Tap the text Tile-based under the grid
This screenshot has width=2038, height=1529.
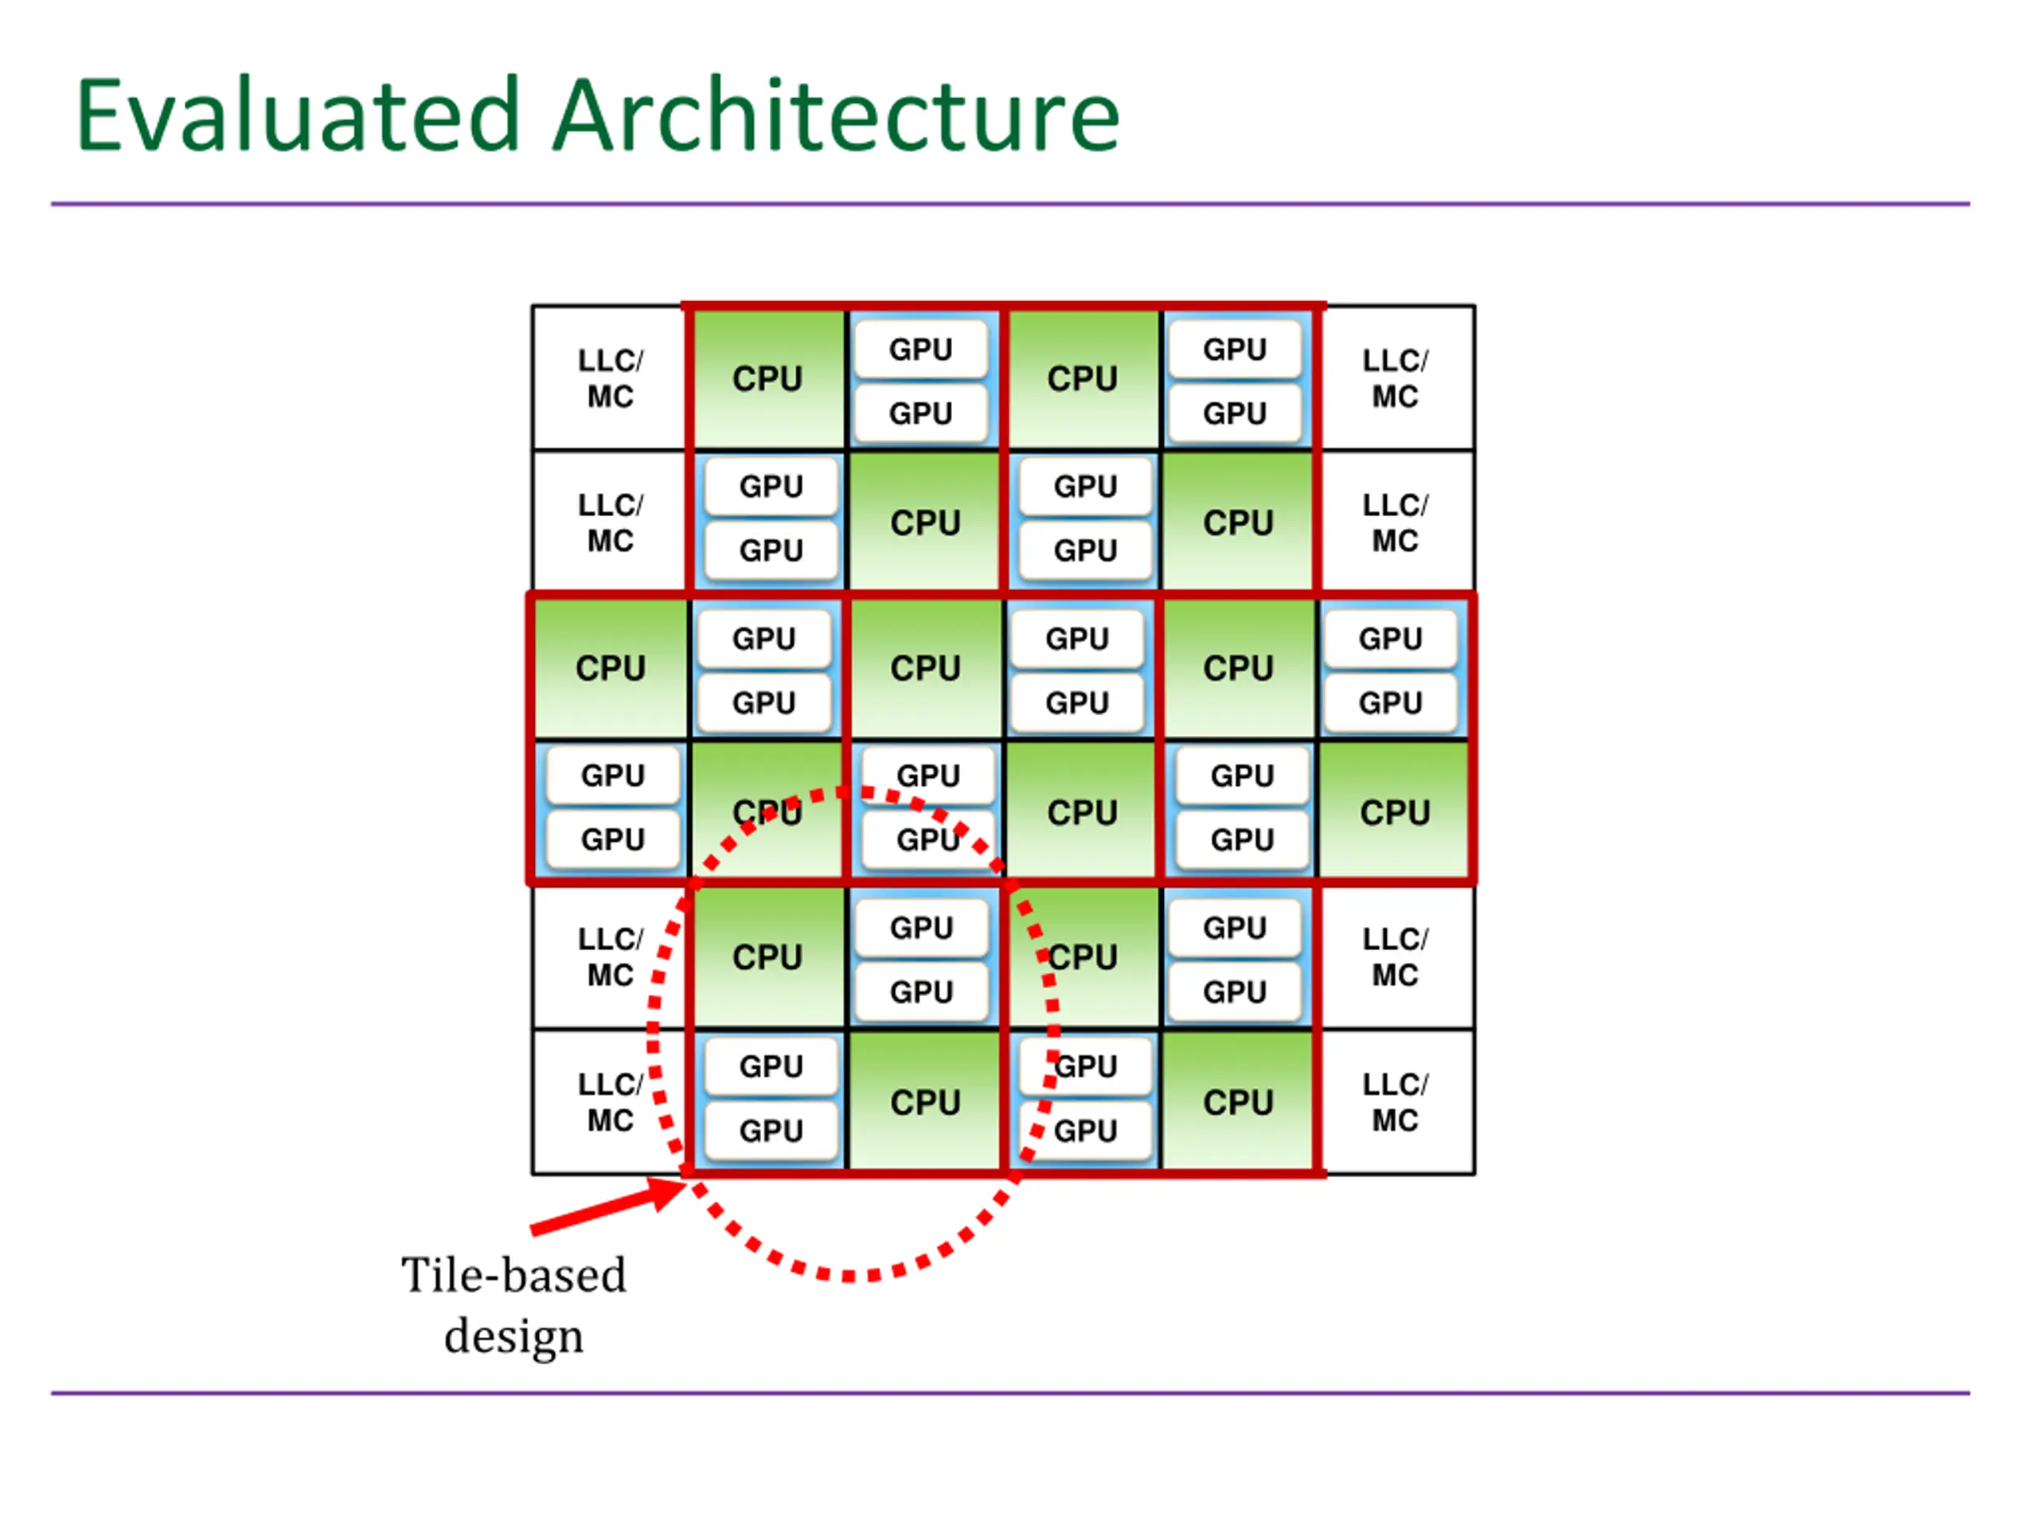pos(513,1277)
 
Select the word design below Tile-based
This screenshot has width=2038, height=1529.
pos(513,1336)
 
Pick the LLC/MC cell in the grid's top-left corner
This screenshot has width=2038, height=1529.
pos(610,378)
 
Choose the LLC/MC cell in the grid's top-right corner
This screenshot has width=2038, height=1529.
pos(1395,378)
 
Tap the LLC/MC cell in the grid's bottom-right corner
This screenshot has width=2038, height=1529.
pos(1395,1101)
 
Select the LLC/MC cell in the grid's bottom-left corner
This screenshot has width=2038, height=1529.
pos(610,1101)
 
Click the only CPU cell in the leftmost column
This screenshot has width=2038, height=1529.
pos(610,667)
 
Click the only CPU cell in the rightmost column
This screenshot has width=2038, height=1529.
pos(1395,812)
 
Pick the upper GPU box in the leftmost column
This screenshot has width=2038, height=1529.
pos(613,775)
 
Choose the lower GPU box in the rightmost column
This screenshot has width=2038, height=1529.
pos(1390,702)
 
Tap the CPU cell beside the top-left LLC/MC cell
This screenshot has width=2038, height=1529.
pos(767,378)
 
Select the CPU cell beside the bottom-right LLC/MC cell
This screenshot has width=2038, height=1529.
pos(1238,1101)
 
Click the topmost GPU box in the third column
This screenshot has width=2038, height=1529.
pos(920,350)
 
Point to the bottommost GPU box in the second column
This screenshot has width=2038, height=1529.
pos(771,1130)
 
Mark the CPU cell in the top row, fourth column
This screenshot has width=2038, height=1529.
pos(1083,378)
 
